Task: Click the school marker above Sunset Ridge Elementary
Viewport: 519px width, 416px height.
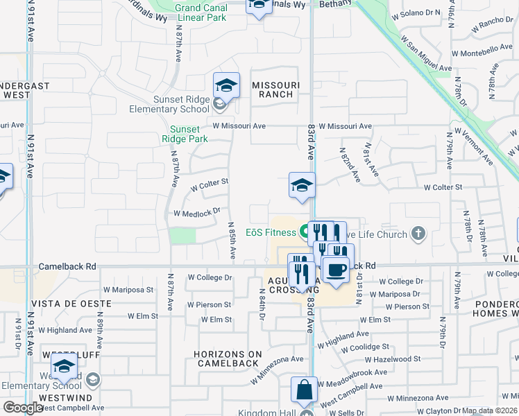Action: pyautogui.click(x=226, y=86)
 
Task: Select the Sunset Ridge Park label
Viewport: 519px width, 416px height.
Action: pyautogui.click(x=185, y=134)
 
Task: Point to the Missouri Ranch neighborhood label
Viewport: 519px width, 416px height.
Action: pyautogui.click(x=275, y=89)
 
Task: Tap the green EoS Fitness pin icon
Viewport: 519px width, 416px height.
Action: pyautogui.click(x=304, y=232)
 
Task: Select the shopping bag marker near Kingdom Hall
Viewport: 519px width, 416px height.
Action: pyautogui.click(x=304, y=391)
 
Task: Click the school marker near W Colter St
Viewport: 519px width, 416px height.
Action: pyautogui.click(x=302, y=186)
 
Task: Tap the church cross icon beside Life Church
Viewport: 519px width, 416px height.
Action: pyautogui.click(x=418, y=234)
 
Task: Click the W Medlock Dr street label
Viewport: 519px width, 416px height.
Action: pyautogui.click(x=196, y=212)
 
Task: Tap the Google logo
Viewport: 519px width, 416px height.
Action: pyautogui.click(x=23, y=408)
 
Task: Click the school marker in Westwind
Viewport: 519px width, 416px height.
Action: pyautogui.click(x=64, y=367)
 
